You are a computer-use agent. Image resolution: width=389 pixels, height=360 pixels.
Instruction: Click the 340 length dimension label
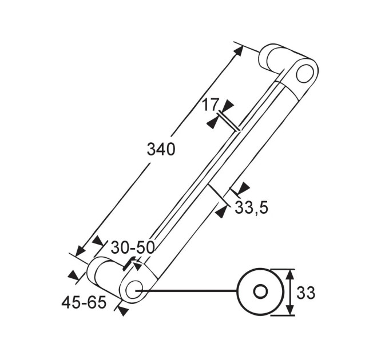click(161, 150)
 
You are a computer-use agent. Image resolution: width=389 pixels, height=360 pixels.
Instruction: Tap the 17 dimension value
click(211, 105)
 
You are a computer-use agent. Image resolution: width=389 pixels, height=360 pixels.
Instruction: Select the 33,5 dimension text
click(251, 207)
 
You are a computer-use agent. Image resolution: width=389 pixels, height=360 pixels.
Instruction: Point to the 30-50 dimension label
click(133, 247)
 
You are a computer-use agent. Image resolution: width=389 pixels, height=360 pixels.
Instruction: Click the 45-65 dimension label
click(84, 302)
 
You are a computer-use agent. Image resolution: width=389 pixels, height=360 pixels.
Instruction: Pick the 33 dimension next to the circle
click(305, 293)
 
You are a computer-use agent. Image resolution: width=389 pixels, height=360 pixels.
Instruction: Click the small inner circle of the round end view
click(260, 291)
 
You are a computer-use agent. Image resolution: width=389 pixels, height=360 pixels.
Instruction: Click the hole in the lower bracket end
click(134, 290)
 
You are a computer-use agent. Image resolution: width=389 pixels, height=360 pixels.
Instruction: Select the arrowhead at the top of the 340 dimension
click(237, 51)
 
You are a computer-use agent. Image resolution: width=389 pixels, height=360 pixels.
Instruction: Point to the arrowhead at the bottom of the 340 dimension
click(81, 251)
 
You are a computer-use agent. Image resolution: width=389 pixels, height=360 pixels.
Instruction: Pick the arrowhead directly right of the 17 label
click(228, 105)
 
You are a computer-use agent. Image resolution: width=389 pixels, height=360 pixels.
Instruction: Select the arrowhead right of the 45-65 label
click(123, 311)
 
